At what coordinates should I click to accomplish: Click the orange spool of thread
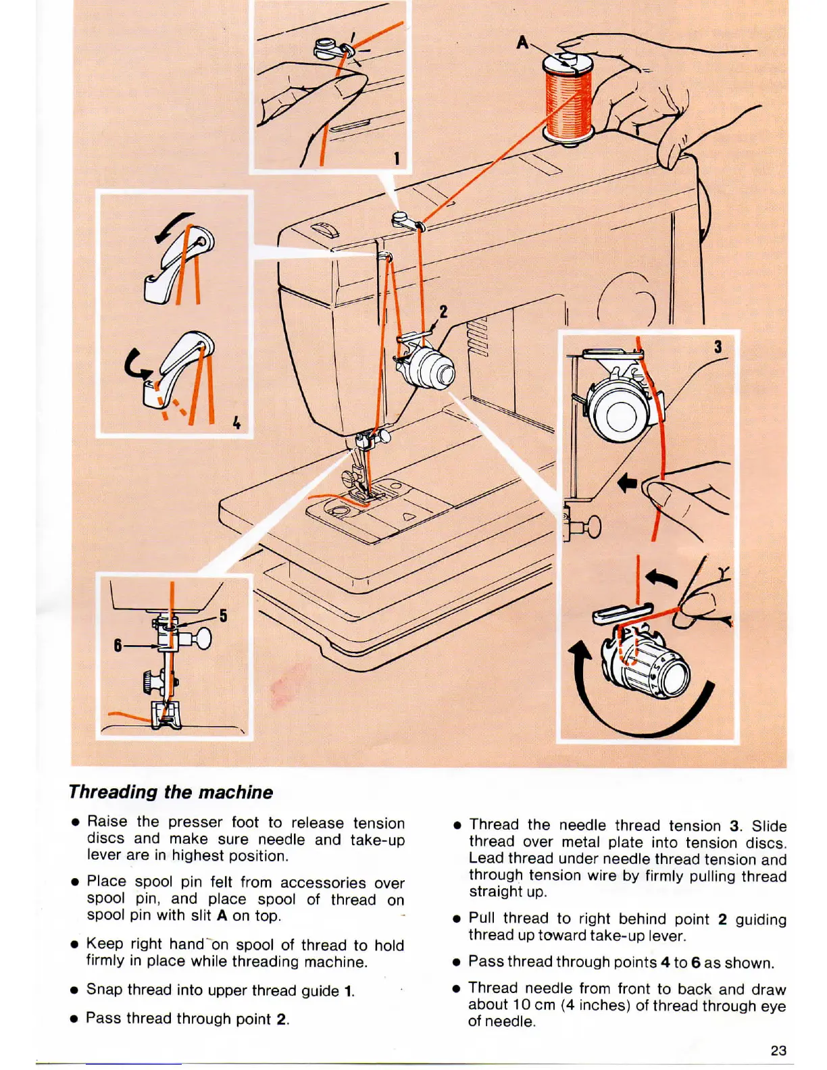pyautogui.click(x=568, y=101)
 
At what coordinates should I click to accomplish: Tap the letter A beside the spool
pyautogui.click(x=522, y=42)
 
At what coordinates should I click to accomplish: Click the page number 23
pyautogui.click(x=778, y=1050)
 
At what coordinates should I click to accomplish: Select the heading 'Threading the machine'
pyautogui.click(x=171, y=792)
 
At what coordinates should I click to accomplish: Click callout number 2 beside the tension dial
pyautogui.click(x=443, y=311)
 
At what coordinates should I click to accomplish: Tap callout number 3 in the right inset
pyautogui.click(x=718, y=347)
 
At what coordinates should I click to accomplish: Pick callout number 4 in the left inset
pyautogui.click(x=236, y=423)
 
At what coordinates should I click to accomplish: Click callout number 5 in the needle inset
pyautogui.click(x=223, y=615)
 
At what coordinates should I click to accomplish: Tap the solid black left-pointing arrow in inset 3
pyautogui.click(x=628, y=483)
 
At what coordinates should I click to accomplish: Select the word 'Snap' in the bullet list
pyautogui.click(x=104, y=990)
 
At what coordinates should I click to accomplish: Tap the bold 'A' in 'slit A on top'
pyautogui.click(x=222, y=916)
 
